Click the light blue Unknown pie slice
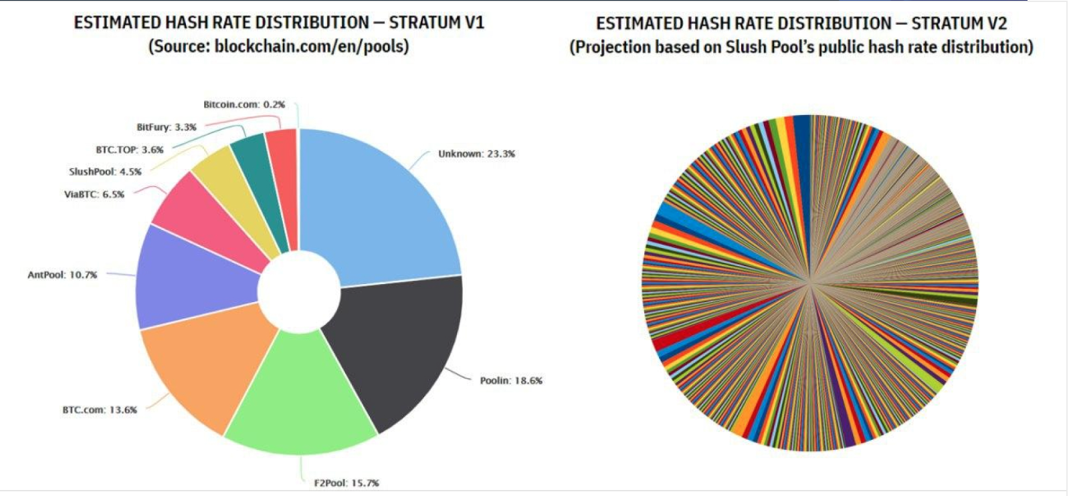(x=381, y=207)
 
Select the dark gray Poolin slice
(x=395, y=348)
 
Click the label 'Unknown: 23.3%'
(x=476, y=154)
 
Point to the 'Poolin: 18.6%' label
(x=511, y=380)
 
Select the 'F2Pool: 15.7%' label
(x=347, y=483)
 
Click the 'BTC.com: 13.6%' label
(x=100, y=410)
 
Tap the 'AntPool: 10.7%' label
(x=62, y=275)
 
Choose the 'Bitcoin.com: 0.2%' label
(x=244, y=104)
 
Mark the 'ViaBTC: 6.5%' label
(x=94, y=195)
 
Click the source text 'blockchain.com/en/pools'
(x=310, y=47)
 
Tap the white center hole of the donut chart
(x=298, y=291)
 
